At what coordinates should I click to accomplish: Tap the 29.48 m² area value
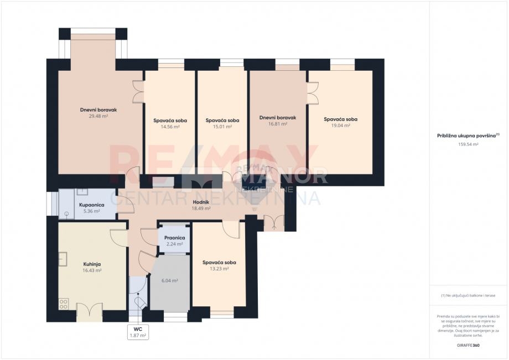tap(98, 116)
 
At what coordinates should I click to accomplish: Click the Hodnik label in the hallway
tap(201, 202)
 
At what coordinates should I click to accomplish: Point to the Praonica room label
tap(174, 237)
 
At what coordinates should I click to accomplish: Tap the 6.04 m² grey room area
tap(170, 280)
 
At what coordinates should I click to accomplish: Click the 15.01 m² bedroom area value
tap(222, 127)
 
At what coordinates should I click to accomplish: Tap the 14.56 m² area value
tap(170, 127)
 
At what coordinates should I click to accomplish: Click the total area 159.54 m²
tap(468, 144)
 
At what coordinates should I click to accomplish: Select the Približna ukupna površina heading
tap(468, 134)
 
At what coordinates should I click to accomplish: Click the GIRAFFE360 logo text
tap(468, 346)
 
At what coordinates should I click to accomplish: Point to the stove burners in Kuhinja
tap(64, 304)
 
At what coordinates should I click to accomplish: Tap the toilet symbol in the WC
tap(139, 302)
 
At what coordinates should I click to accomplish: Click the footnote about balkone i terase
tap(468, 296)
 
